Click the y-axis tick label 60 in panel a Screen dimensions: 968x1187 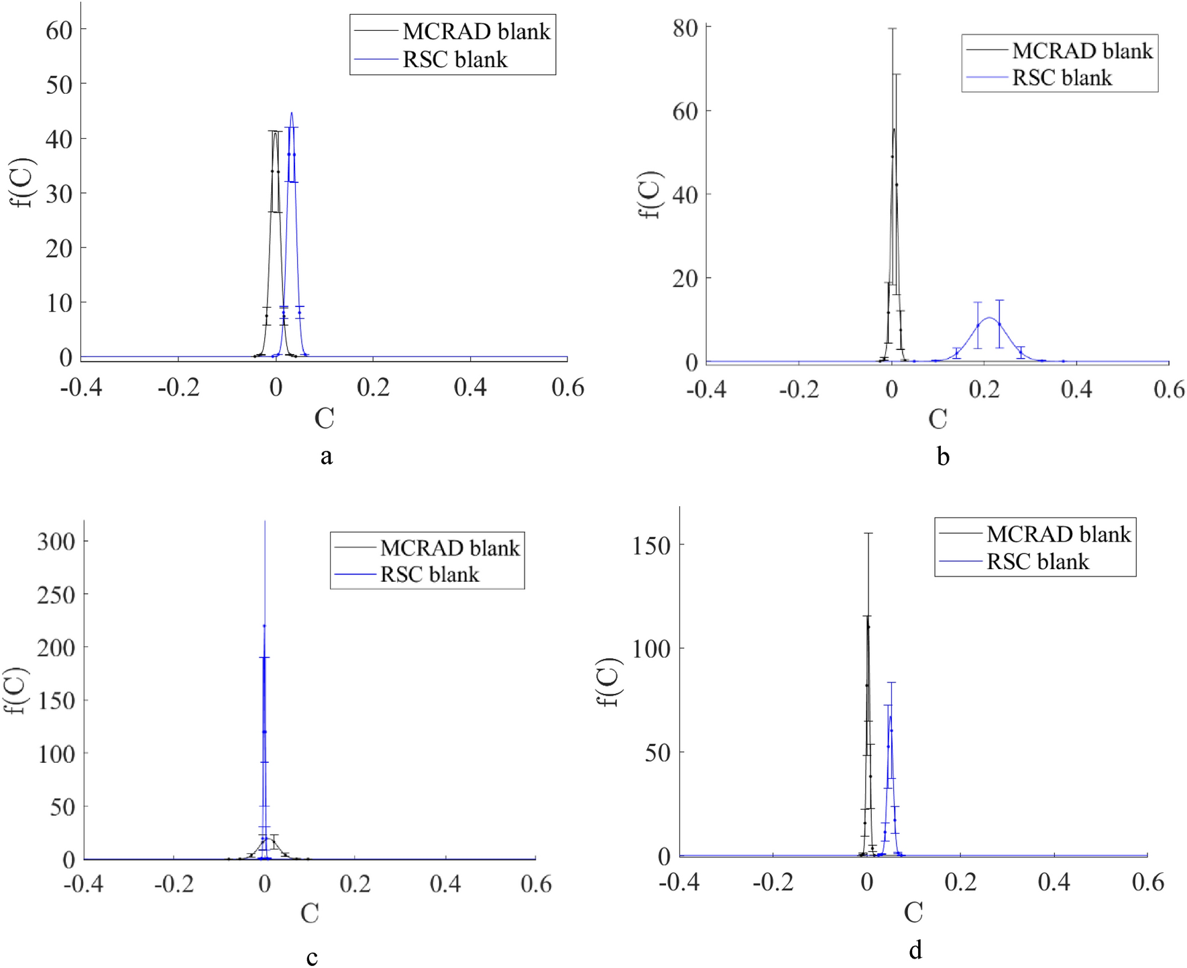point(59,30)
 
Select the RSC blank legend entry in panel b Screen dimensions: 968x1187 point(1061,78)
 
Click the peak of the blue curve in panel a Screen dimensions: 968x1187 point(291,113)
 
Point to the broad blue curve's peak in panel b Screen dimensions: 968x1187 point(988,318)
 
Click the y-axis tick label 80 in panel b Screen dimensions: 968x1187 point(685,28)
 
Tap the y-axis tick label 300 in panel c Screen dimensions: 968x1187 point(56,542)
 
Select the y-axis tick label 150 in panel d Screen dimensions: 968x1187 point(651,546)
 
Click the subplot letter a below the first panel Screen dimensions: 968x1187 point(326,457)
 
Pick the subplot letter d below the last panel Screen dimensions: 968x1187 point(915,950)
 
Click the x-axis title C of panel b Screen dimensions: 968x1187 point(937,420)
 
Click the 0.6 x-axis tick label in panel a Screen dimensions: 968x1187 point(567,387)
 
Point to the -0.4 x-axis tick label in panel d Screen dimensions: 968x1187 point(679,882)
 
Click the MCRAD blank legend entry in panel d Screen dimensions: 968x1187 point(1058,534)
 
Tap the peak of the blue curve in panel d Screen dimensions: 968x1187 point(890,716)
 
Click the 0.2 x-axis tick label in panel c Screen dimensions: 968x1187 point(355,884)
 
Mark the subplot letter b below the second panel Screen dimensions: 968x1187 point(943,457)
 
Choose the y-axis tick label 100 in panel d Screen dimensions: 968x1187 point(651,649)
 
